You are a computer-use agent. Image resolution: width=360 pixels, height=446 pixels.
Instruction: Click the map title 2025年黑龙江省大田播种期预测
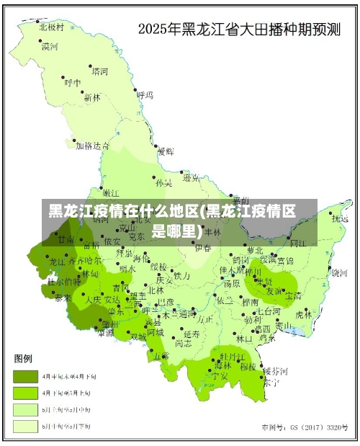click(239, 30)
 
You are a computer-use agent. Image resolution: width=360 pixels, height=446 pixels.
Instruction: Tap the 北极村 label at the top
click(52, 27)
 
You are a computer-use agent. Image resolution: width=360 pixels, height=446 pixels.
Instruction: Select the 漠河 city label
click(50, 47)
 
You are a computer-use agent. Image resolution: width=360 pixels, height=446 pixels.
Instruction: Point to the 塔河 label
click(99, 71)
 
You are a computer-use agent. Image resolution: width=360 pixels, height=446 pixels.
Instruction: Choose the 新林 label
click(92, 97)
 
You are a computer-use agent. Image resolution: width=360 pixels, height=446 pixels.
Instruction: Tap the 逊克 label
click(191, 177)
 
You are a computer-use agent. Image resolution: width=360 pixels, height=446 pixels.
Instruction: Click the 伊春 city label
click(204, 247)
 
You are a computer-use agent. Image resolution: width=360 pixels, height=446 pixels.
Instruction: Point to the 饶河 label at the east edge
click(339, 272)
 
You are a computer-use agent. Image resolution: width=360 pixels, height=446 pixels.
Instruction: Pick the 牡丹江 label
click(233, 356)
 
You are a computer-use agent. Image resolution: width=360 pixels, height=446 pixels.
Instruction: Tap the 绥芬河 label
click(274, 370)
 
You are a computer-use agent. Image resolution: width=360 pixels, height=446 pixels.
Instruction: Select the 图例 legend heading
click(24, 359)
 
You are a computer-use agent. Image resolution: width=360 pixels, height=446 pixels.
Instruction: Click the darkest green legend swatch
click(26, 376)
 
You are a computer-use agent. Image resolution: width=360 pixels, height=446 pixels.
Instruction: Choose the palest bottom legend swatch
click(26, 427)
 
